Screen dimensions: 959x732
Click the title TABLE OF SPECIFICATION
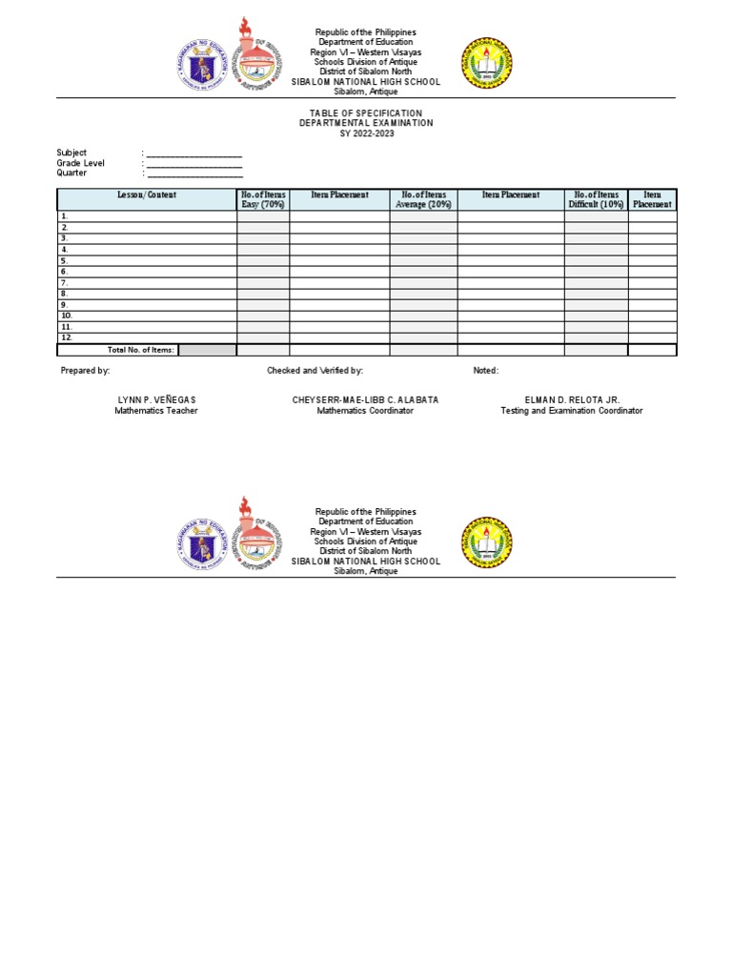click(366, 113)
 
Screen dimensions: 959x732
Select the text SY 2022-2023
click(366, 133)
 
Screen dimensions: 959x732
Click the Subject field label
click(71, 153)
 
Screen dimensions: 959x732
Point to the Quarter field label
click(71, 173)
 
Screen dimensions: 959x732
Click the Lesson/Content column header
click(147, 195)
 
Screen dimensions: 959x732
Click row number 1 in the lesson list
click(65, 216)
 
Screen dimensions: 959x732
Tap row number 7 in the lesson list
click(65, 283)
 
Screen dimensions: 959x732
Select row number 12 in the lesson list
click(67, 338)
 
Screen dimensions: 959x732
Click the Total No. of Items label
click(141, 351)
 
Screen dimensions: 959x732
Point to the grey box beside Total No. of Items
click(207, 350)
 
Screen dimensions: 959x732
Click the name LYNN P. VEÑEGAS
click(157, 400)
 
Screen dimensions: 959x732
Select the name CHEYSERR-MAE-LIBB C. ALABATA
click(365, 400)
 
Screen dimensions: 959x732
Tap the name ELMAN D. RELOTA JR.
click(572, 400)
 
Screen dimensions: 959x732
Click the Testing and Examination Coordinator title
click(572, 411)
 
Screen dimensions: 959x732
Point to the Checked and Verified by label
click(315, 371)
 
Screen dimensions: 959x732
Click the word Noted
click(485, 371)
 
